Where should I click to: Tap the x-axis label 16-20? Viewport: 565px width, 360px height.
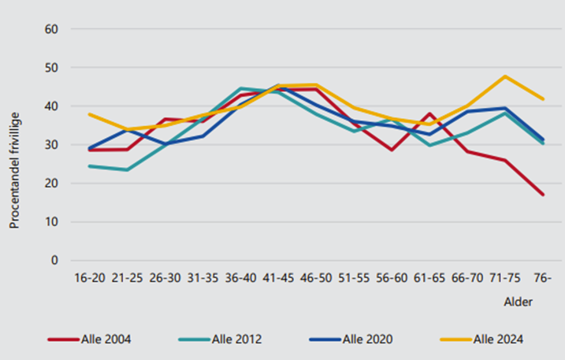[x=89, y=278]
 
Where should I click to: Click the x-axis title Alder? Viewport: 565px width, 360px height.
[x=518, y=302]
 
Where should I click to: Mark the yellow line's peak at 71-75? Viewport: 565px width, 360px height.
[x=504, y=76]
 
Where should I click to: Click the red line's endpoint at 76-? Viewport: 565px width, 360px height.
[x=542, y=195]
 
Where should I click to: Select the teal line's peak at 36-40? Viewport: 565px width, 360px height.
[x=240, y=88]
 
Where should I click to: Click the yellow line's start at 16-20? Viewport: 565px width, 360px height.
[x=89, y=114]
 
